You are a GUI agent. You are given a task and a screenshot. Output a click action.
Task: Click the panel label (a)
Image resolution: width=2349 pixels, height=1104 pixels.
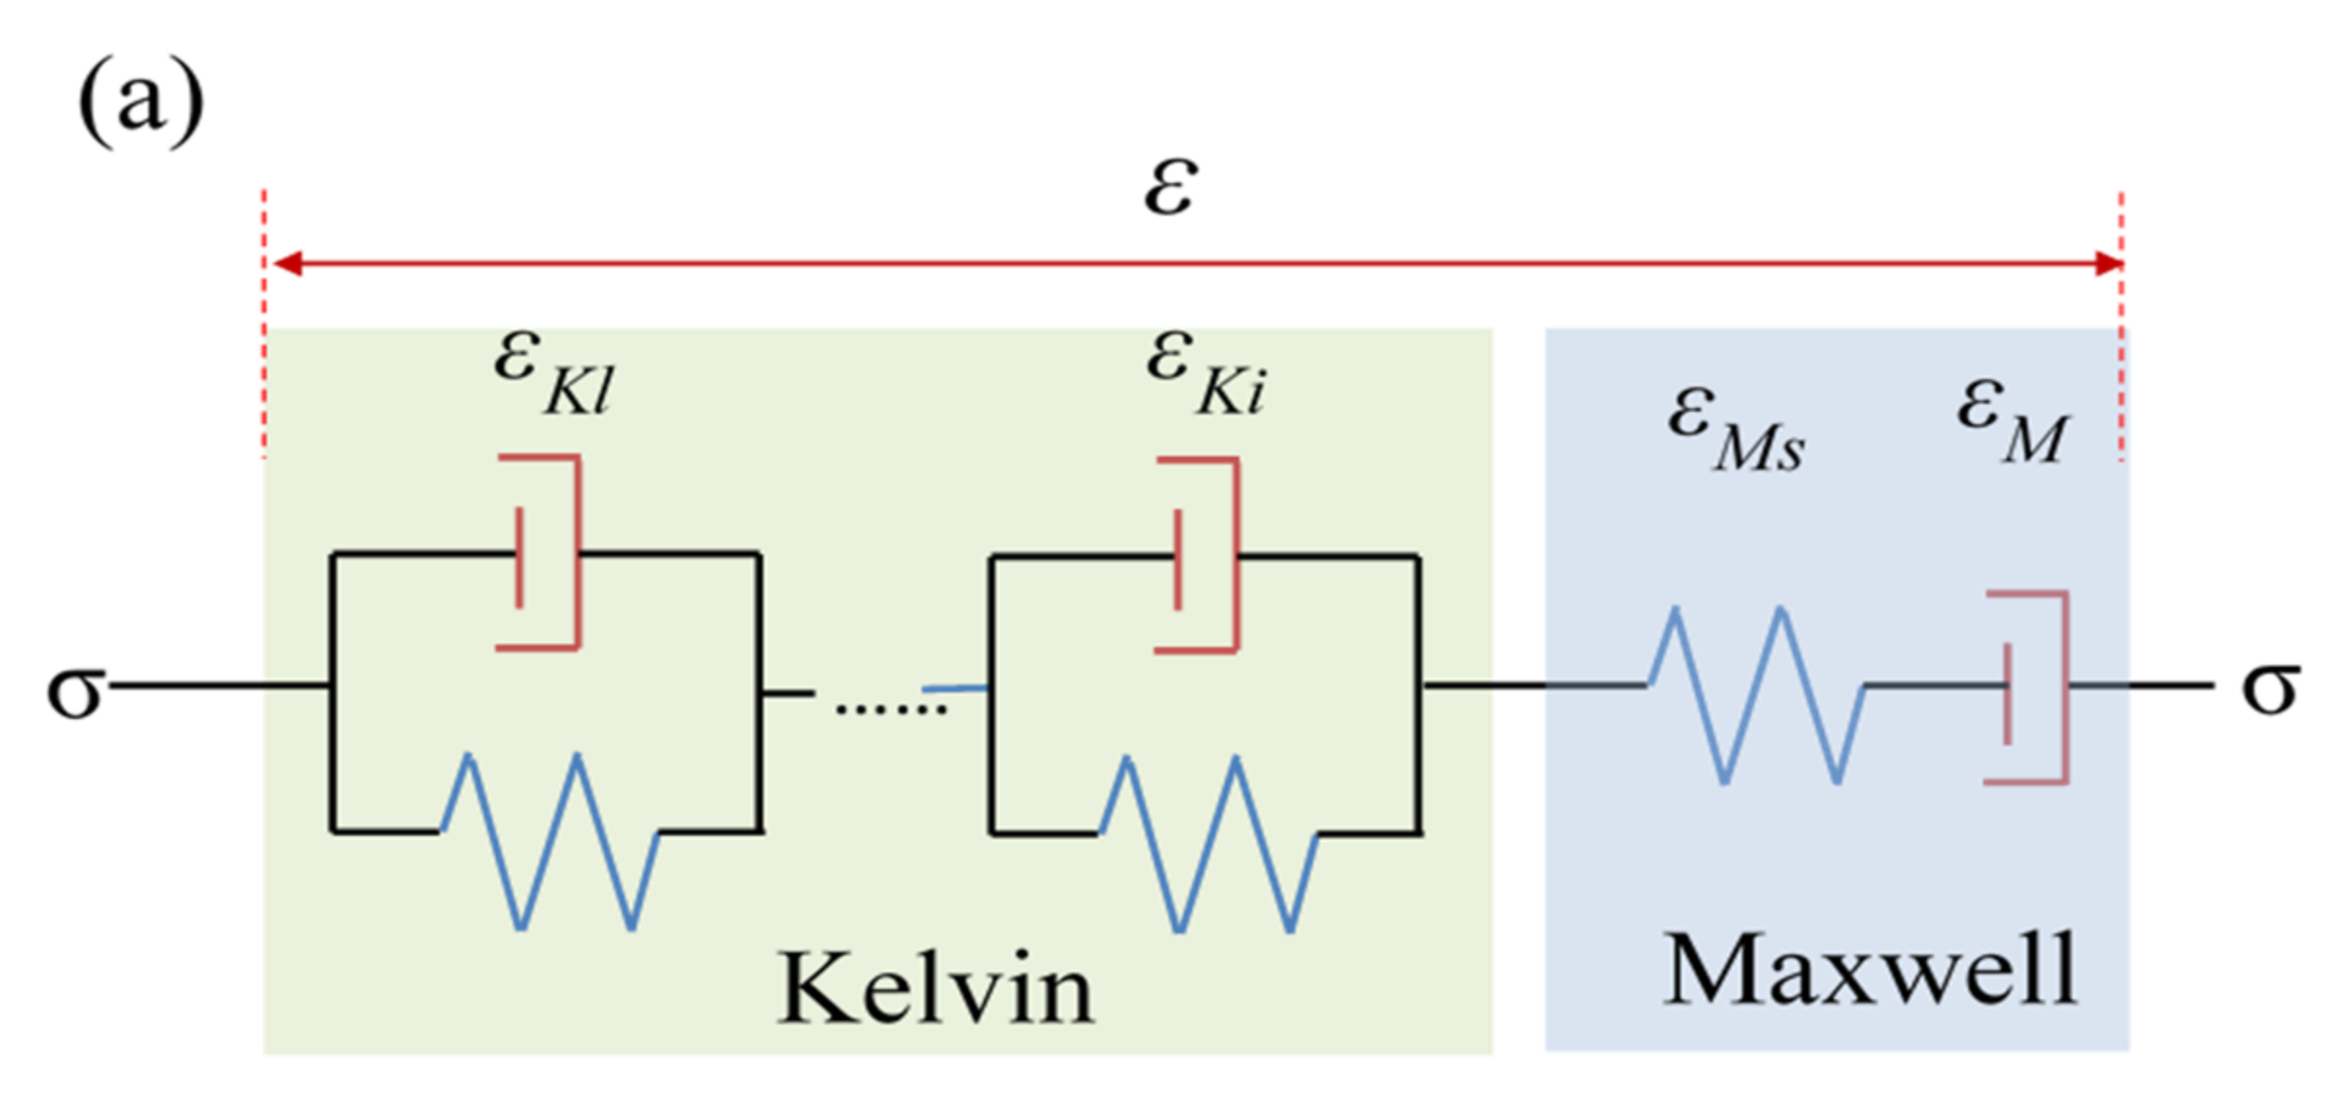click(x=141, y=102)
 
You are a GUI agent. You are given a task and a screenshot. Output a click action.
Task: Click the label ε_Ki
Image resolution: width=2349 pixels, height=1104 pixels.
click(x=1206, y=373)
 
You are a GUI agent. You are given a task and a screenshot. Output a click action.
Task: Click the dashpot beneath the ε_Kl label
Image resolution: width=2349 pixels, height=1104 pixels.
click(x=544, y=552)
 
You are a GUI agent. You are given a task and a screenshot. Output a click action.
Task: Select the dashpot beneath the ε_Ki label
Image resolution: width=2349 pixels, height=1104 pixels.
click(x=1203, y=555)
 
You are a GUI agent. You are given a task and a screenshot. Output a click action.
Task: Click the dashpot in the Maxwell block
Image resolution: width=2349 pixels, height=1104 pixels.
click(x=2032, y=686)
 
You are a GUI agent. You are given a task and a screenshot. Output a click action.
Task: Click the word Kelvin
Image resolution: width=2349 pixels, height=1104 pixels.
click(x=936, y=987)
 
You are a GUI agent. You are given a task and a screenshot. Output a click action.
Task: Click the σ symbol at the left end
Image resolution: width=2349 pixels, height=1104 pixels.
click(x=76, y=690)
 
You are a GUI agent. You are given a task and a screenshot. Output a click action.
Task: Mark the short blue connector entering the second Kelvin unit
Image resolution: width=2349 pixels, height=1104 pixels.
click(x=955, y=688)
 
